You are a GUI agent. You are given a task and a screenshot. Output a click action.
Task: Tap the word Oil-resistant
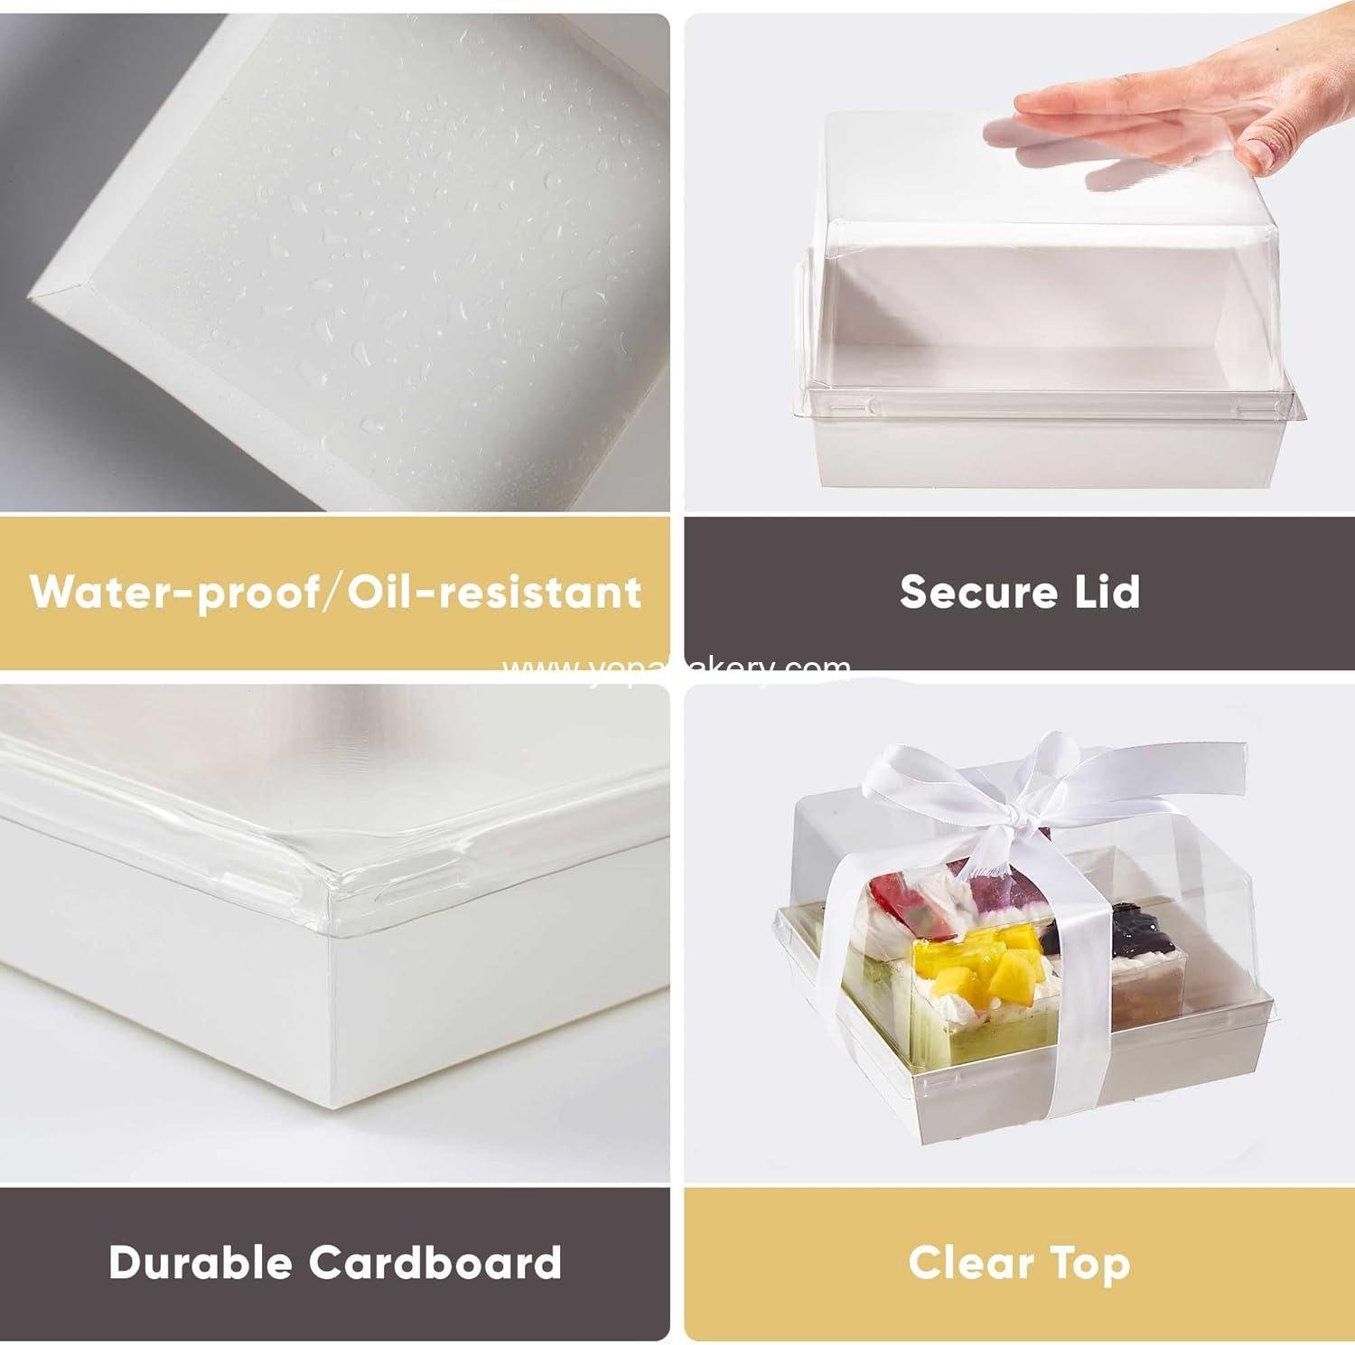pyautogui.click(x=494, y=593)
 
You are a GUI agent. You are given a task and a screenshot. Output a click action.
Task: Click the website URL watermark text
pyautogui.click(x=676, y=668)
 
